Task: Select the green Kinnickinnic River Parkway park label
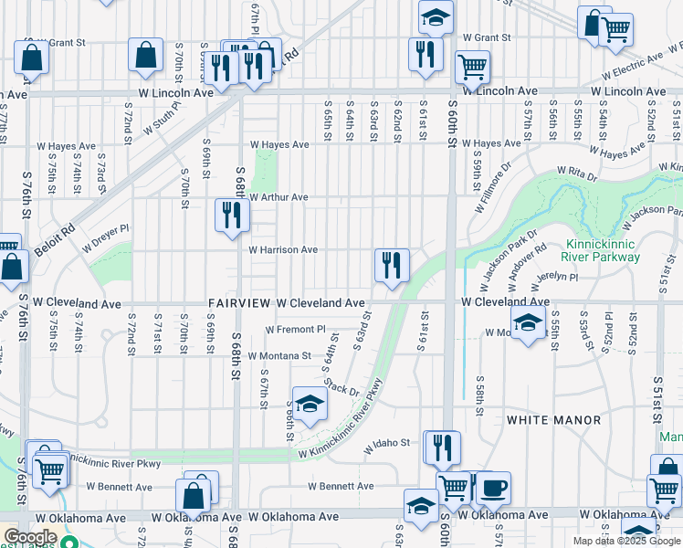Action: pyautogui.click(x=603, y=251)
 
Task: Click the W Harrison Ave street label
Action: pyautogui.click(x=283, y=249)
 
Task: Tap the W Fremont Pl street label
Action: pyautogui.click(x=296, y=329)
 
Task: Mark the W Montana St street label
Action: pyautogui.click(x=289, y=355)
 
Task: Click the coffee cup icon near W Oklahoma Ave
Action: pyautogui.click(x=494, y=488)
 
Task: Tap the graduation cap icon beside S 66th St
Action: pyautogui.click(x=310, y=403)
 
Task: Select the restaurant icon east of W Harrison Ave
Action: pyautogui.click(x=392, y=266)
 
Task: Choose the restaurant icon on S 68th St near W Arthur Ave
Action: pyautogui.click(x=232, y=216)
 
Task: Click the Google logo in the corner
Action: pyautogui.click(x=30, y=537)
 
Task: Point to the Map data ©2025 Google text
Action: pyautogui.click(x=625, y=541)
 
